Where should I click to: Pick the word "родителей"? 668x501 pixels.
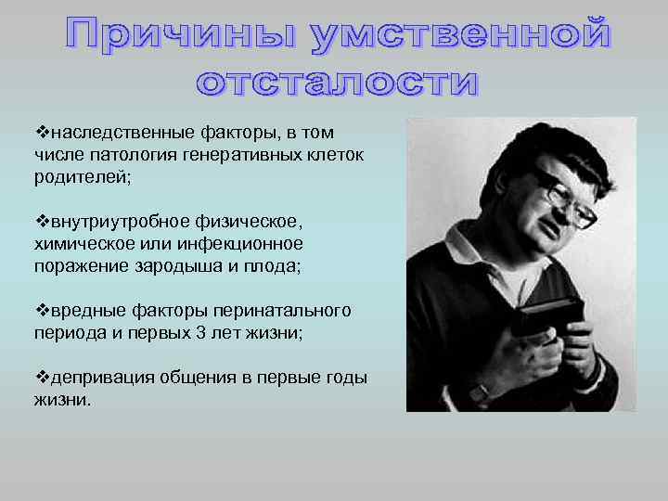point(83,176)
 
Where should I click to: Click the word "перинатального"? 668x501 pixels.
point(287,309)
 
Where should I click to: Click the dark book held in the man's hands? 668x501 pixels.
point(551,316)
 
